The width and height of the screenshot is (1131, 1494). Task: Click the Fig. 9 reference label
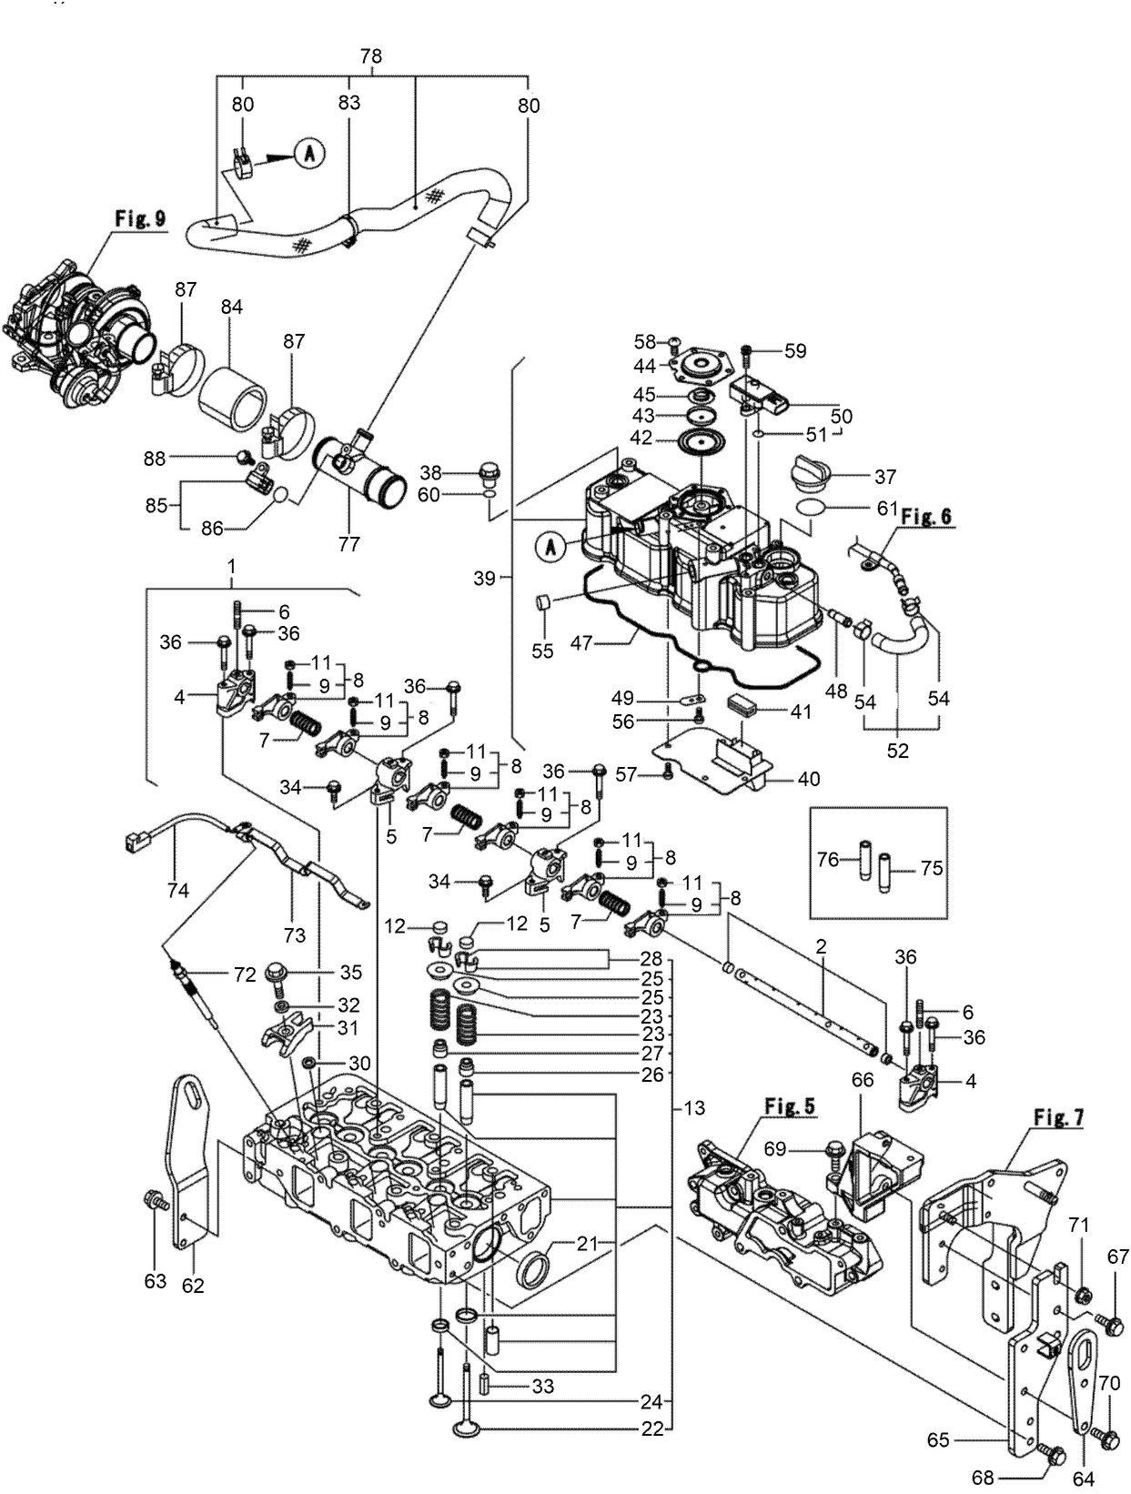pos(140,218)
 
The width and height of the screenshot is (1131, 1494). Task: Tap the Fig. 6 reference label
pos(927,516)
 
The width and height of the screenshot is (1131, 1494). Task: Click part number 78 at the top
pos(370,56)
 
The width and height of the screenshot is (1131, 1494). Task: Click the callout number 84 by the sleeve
pos(231,308)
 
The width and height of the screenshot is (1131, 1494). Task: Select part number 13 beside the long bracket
pos(694,1109)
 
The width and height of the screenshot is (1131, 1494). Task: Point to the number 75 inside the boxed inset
pos(931,868)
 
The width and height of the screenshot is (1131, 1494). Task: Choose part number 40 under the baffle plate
pos(808,779)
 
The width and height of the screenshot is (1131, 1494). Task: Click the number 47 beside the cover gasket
pos(581,642)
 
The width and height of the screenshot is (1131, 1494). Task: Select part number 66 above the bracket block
pos(862,1079)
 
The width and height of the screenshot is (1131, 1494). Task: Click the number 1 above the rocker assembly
pos(231,566)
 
